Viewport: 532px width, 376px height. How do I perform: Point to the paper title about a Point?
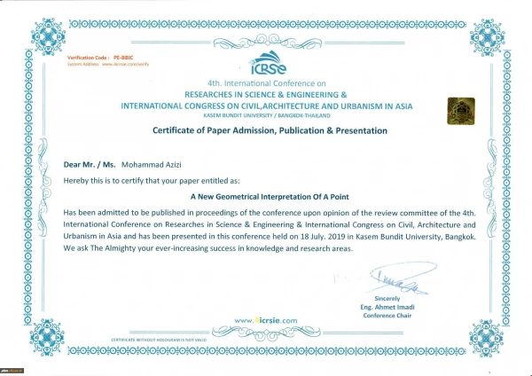click(265, 199)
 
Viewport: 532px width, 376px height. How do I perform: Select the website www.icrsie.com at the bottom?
click(266, 319)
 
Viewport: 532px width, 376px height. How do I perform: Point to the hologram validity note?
click(159, 340)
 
